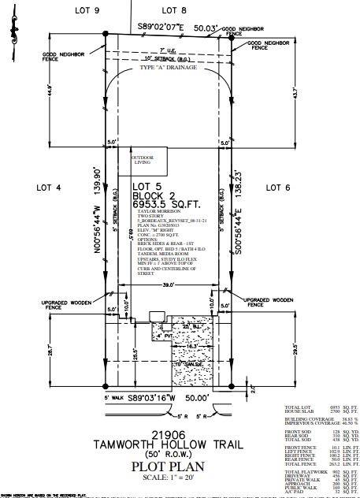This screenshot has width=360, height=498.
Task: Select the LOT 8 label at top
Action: (x=173, y=9)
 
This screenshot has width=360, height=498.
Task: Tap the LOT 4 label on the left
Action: (x=48, y=188)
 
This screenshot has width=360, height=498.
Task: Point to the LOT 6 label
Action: (x=278, y=188)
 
